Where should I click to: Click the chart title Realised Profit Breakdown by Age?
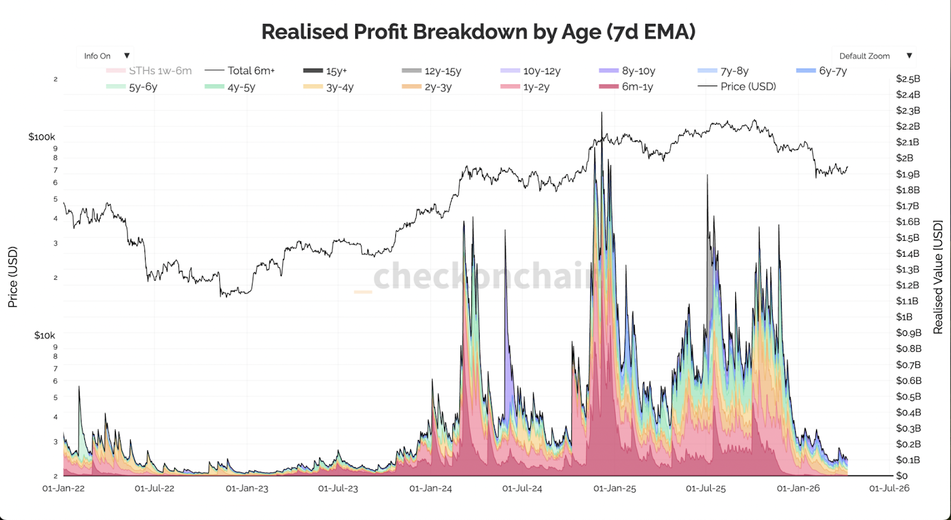[478, 32]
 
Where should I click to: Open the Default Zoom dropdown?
[874, 56]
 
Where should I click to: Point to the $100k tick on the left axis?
[42, 137]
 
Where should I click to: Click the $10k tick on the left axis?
[44, 336]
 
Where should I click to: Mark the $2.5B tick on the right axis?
[908, 79]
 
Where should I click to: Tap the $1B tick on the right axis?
[904, 317]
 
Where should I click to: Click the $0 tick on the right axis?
[902, 476]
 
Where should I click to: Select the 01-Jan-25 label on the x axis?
[615, 489]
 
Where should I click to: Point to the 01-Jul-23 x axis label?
[338, 489]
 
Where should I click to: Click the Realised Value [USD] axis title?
[938, 277]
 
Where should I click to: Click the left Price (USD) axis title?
[12, 277]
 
